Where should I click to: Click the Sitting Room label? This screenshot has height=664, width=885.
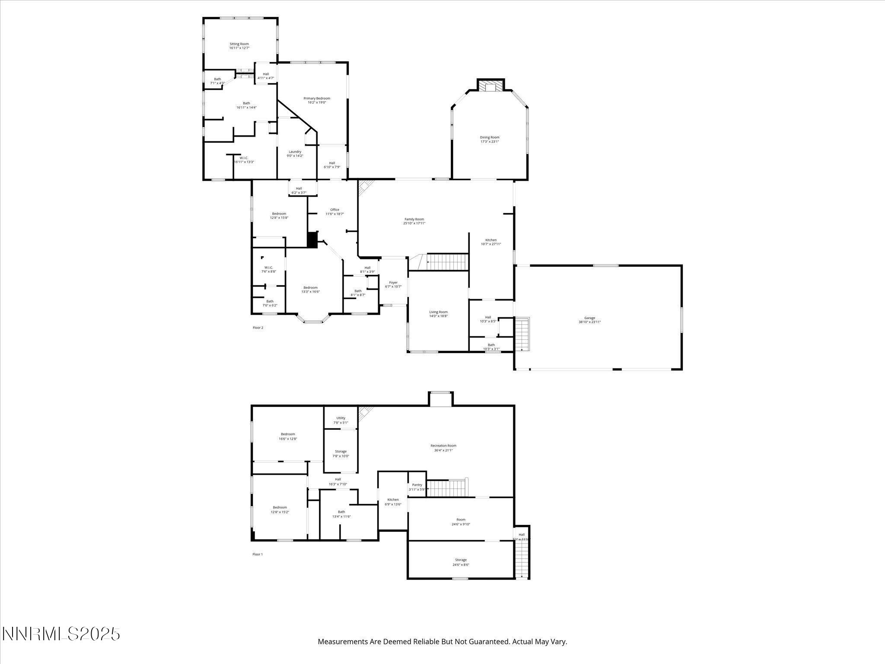(239, 44)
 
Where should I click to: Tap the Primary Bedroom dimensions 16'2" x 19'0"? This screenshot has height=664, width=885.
(316, 102)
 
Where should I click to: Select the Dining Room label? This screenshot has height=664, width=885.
(490, 137)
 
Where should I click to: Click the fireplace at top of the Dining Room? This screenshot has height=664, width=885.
(490, 87)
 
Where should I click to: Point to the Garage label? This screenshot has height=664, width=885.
(589, 318)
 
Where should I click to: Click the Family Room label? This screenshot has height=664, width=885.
(414, 219)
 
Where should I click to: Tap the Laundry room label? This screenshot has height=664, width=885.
(295, 152)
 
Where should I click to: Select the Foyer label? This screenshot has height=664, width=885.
(393, 283)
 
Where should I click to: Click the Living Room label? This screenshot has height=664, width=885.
(438, 312)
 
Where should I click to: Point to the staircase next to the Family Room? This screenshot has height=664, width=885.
(447, 262)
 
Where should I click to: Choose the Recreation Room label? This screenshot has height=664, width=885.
(443, 446)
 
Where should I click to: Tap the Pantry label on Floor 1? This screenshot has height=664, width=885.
(417, 485)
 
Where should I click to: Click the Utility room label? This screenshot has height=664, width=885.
(341, 418)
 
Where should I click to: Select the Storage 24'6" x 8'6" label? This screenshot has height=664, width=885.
(461, 562)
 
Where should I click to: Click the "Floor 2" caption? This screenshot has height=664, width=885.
(258, 328)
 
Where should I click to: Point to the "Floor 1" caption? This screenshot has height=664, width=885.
(258, 554)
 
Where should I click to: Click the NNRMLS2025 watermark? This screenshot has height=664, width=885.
(61, 634)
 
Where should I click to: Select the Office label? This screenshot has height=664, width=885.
(335, 210)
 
